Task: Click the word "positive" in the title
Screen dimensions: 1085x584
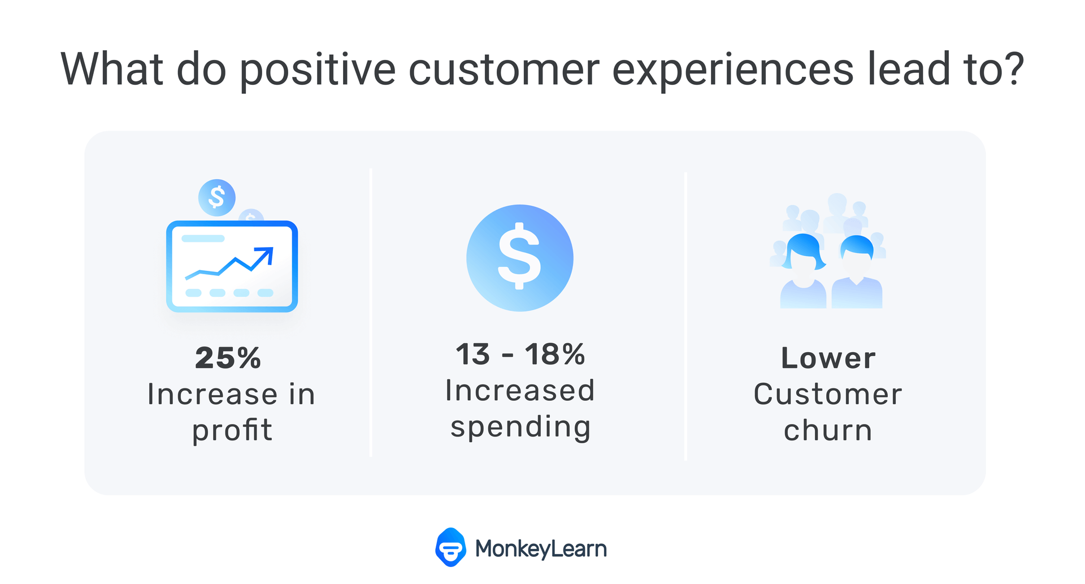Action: coord(318,70)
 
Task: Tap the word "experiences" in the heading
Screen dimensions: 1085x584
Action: coord(733,70)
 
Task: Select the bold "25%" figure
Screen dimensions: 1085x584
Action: coord(228,358)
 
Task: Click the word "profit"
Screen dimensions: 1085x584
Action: coord(232,430)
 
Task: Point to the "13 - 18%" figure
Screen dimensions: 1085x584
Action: coord(520,354)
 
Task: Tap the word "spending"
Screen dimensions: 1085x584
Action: coord(520,427)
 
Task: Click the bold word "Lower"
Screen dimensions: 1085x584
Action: coord(828,358)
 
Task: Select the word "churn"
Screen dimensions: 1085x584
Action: coord(828,430)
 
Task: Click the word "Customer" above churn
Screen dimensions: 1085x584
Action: coord(828,394)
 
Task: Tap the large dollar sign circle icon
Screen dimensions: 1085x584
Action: coord(520,258)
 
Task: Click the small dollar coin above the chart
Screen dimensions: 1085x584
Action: coord(217,197)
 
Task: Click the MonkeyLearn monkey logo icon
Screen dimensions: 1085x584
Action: coord(450,547)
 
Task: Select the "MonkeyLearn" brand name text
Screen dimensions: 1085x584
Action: coord(541,549)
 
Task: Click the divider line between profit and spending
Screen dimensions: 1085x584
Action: coord(371,312)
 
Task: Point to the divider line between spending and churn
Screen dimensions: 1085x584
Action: coord(685,316)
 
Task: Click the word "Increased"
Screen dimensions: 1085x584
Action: coord(520,391)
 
